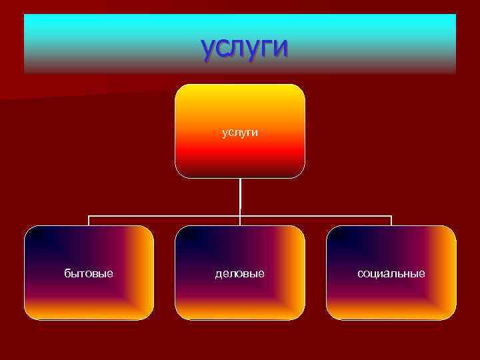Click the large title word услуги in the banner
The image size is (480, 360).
(x=244, y=48)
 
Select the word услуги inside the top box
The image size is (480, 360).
(x=240, y=133)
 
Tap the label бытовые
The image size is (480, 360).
(x=89, y=273)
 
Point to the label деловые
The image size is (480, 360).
(x=240, y=273)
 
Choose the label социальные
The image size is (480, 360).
(x=391, y=273)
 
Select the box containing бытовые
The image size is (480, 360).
(x=89, y=293)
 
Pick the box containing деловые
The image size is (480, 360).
(x=240, y=293)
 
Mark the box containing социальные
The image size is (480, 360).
(x=391, y=293)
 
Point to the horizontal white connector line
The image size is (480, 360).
(x=167, y=216)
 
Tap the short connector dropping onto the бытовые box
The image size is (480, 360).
(x=89, y=221)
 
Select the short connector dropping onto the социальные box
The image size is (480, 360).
(x=391, y=221)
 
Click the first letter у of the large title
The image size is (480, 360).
(x=209, y=49)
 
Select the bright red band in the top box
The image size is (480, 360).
(x=240, y=155)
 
